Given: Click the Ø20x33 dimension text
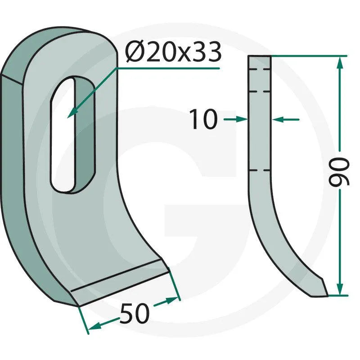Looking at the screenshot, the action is (173, 52).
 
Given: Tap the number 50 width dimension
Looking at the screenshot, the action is (135, 313).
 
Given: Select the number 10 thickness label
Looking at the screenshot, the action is (203, 119).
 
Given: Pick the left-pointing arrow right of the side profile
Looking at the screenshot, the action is (285, 119).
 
